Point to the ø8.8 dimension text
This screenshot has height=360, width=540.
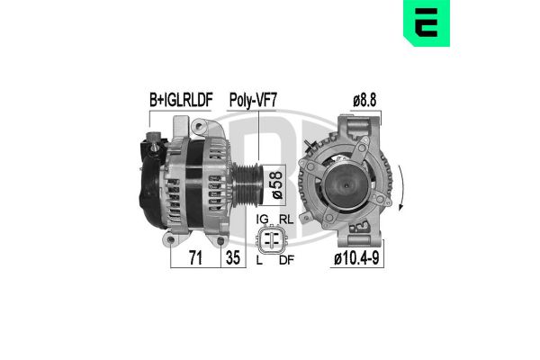point(364,99)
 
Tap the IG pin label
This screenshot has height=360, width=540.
point(262,220)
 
